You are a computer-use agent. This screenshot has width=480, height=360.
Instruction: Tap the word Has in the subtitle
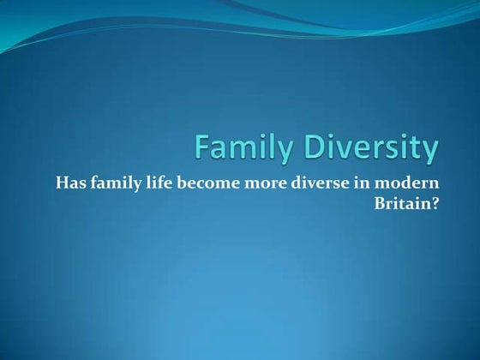click(x=70, y=182)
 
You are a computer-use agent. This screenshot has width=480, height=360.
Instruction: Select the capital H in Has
click(x=61, y=182)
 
